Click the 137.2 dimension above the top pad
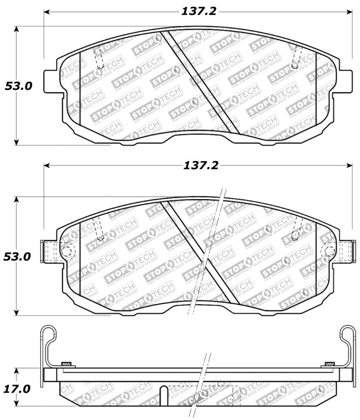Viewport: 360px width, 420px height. tap(198, 11)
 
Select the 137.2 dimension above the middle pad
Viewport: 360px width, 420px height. tap(200, 165)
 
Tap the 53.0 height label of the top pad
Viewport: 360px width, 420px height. tap(18, 85)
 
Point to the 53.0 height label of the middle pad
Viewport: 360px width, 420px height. tap(18, 256)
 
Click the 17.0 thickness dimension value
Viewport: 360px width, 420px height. tap(18, 388)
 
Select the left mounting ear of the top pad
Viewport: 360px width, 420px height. tap(51, 81)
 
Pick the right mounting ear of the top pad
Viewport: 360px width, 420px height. tap(345, 81)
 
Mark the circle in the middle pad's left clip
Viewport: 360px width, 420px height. tap(67, 251)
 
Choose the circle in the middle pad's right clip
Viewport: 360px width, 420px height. tap(329, 251)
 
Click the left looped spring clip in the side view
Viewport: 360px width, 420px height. tap(48, 342)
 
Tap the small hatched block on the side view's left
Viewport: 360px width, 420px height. tap(66, 363)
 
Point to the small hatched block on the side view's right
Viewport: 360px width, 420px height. tap(329, 363)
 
